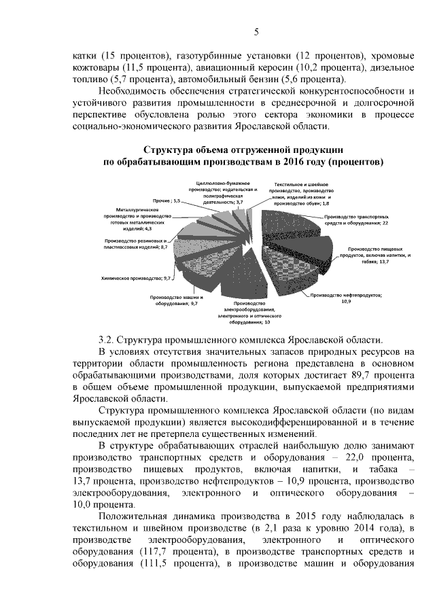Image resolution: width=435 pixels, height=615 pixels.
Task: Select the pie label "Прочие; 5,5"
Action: (x=166, y=201)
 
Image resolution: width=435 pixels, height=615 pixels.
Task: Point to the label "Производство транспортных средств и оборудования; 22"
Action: (x=355, y=219)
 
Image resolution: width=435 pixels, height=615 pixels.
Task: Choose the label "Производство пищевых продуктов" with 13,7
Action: (x=364, y=254)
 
